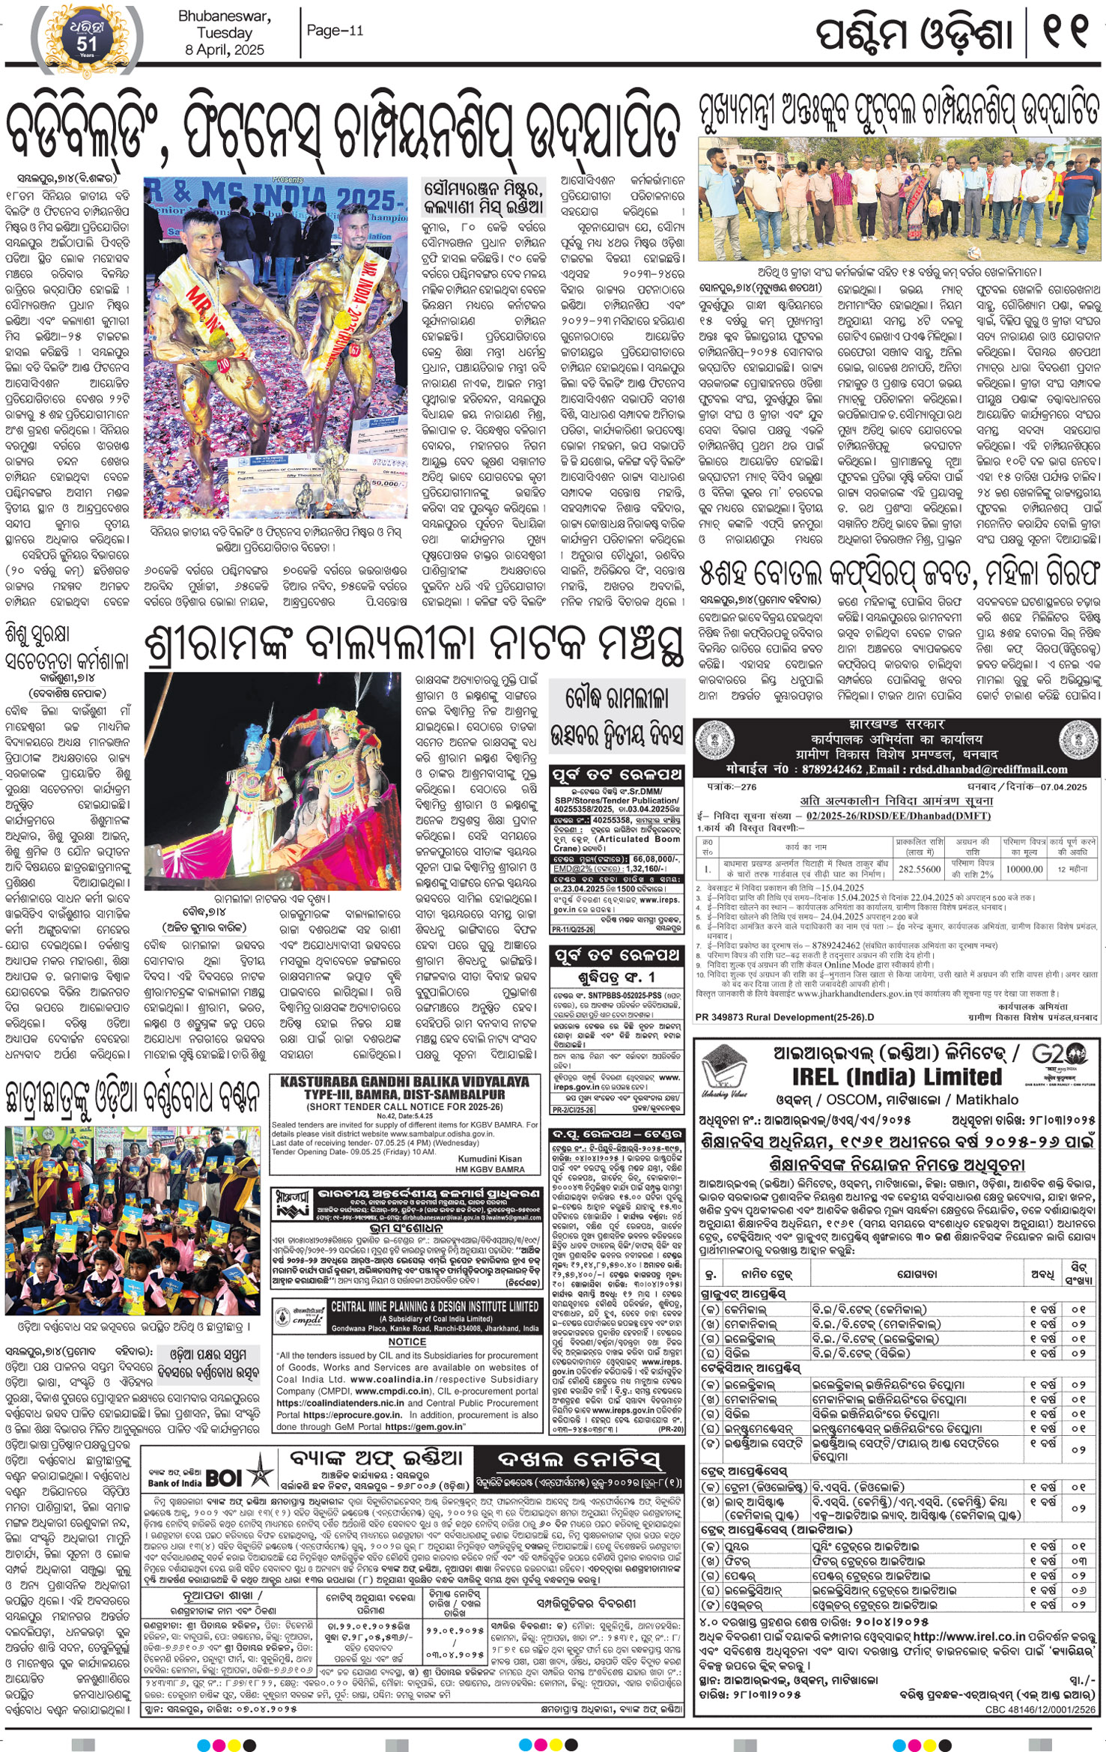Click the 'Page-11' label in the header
(x=335, y=30)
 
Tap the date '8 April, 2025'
(x=225, y=49)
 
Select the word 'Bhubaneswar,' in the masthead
(x=225, y=16)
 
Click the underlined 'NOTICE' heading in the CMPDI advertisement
(x=407, y=1342)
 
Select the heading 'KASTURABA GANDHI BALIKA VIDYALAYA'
(x=404, y=1082)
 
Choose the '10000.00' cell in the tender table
(x=1024, y=869)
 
